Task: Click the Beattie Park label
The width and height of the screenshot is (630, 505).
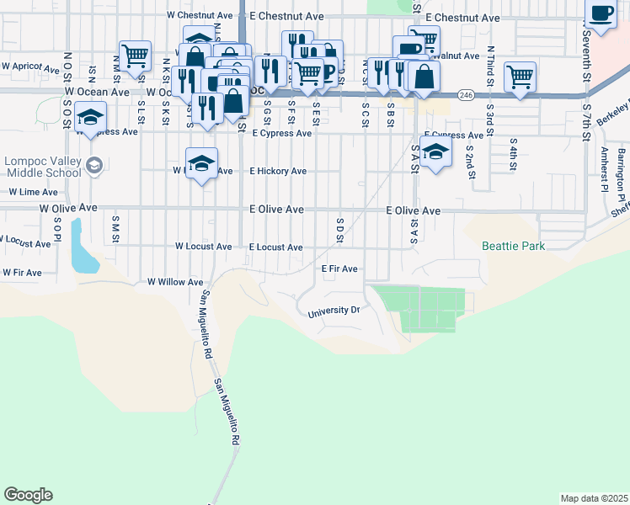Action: coord(513,247)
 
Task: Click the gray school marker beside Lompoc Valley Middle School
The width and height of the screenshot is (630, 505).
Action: coord(93,163)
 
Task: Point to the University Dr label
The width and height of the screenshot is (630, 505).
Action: coord(334,311)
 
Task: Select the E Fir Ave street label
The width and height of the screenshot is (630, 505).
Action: coord(340,269)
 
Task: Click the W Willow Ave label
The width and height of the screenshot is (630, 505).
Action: coord(175,283)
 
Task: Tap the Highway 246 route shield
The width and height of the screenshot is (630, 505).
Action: coord(466,95)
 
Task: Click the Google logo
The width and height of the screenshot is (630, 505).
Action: coord(28,495)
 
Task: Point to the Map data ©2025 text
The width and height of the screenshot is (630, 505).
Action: coord(594,498)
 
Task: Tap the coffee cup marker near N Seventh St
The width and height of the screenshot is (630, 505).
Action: coord(601,15)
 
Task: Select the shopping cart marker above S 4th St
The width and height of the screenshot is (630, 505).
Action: coord(521,77)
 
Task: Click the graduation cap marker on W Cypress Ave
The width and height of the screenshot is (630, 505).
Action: coord(90,117)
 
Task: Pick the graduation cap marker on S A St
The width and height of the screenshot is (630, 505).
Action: coord(435,152)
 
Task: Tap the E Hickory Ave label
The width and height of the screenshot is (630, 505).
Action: coord(278,171)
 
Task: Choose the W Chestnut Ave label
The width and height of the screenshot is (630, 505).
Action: coord(200,15)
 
